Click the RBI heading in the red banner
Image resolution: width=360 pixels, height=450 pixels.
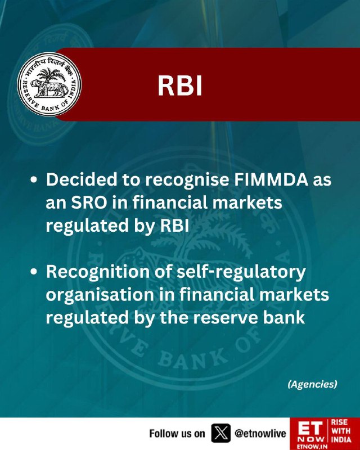point(180,85)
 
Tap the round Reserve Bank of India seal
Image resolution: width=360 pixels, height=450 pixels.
point(49,84)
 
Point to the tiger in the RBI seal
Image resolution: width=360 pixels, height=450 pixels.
point(49,88)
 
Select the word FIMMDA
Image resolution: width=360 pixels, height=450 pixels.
point(271,180)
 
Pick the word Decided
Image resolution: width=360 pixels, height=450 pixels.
point(82,180)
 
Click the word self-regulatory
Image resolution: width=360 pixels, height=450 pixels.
point(241,273)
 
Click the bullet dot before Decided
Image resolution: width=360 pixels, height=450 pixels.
point(34,180)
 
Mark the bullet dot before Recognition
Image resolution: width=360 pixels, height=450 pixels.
point(34,272)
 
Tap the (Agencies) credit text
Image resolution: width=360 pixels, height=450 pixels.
point(312,384)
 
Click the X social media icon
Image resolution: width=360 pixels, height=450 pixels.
point(220,433)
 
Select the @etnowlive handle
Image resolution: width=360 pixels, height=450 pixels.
point(260,433)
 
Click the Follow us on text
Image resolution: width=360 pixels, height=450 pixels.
point(177,433)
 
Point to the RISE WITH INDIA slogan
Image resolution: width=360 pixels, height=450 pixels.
point(341,431)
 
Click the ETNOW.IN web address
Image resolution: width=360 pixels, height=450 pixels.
point(308,447)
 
